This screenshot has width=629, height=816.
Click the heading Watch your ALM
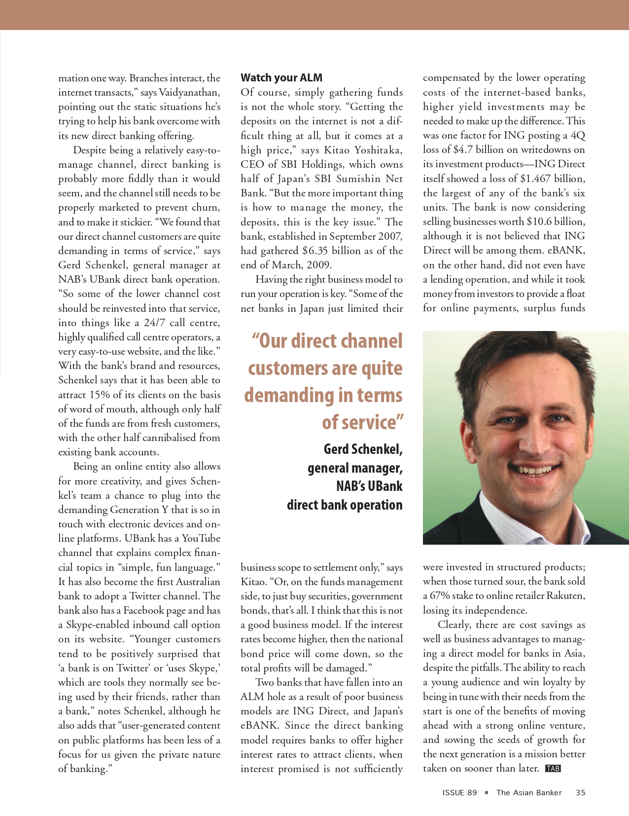(x=281, y=77)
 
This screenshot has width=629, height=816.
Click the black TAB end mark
(x=553, y=769)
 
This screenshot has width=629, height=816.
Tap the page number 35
(x=580, y=793)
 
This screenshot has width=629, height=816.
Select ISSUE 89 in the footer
(x=459, y=793)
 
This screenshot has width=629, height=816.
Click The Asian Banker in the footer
(x=529, y=793)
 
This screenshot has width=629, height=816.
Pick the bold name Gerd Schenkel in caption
(x=363, y=449)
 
